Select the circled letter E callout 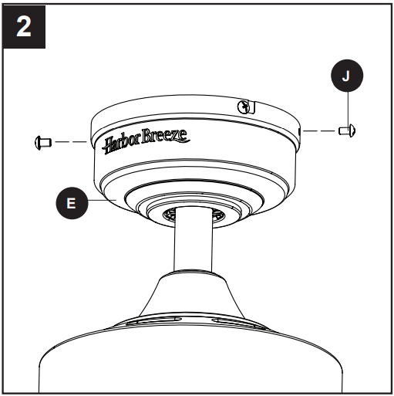tap(72, 203)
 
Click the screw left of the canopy tap(43, 141)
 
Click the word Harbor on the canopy tap(124, 144)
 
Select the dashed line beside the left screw tap(73, 141)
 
